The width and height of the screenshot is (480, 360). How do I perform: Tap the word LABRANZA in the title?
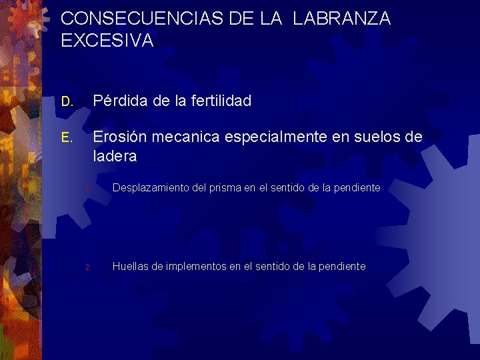click(341, 19)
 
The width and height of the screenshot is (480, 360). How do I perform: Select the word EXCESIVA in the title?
click(107, 41)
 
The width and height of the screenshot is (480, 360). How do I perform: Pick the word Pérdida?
click(119, 101)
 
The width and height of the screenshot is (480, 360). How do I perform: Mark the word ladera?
click(115, 157)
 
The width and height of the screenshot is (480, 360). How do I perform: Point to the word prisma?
click(224, 189)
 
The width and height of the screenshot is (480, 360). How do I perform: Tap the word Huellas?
click(129, 267)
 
